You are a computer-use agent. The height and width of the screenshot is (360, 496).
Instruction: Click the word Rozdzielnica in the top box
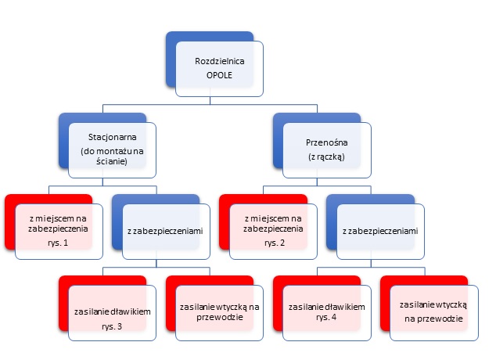[220, 61]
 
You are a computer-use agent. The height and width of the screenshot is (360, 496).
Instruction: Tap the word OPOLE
[219, 75]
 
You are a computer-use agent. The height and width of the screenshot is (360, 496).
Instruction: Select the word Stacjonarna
[113, 137]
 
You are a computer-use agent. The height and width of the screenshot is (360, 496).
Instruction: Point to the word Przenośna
[327, 142]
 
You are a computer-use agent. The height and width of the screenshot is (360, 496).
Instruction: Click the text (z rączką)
[326, 157]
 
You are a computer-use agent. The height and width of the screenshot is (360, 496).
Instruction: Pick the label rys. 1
[58, 243]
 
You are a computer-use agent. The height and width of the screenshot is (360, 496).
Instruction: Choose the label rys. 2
[275, 243]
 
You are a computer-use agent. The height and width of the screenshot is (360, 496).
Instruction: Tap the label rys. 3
[112, 326]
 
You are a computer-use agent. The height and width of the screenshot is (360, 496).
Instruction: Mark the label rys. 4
[326, 317]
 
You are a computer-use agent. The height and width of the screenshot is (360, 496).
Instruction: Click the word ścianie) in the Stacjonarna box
[112, 161]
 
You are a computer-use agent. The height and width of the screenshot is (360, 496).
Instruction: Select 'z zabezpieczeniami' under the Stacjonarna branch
[165, 231]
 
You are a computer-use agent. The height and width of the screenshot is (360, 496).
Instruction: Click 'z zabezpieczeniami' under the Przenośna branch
[380, 231]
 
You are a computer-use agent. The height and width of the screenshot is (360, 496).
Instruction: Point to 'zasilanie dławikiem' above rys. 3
[113, 312]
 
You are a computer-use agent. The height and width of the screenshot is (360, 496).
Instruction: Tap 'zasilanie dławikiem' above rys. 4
[327, 307]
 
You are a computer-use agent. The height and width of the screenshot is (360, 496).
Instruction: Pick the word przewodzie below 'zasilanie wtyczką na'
[220, 317]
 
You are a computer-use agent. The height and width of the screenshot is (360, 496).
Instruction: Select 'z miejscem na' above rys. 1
[58, 218]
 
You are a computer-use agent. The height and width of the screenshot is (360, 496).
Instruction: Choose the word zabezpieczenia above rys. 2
[273, 229]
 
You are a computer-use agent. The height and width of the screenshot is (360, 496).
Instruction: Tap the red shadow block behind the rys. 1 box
[10, 221]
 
